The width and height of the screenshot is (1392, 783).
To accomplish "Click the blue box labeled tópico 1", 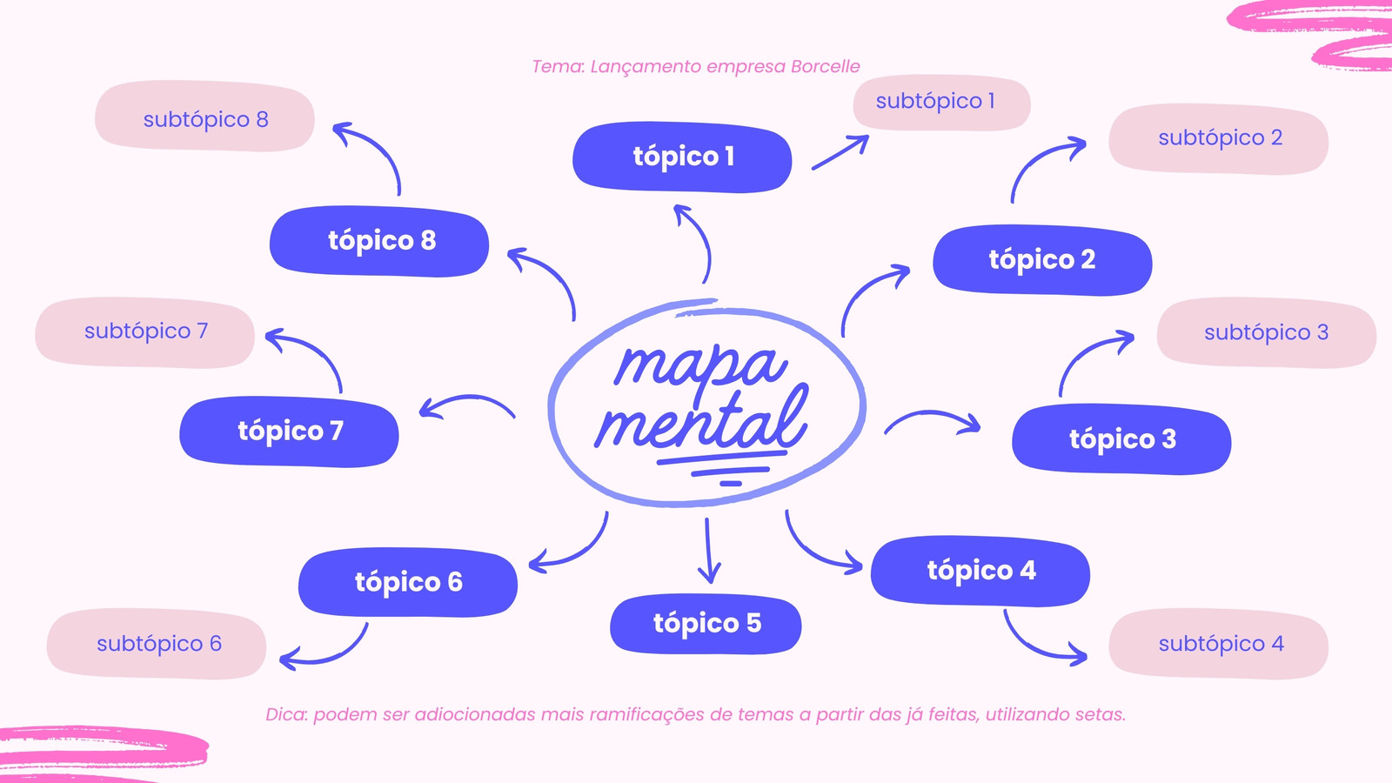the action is [x=682, y=157].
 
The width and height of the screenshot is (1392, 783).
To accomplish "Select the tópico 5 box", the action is [x=706, y=624].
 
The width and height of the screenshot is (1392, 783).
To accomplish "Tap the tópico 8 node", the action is [x=379, y=241].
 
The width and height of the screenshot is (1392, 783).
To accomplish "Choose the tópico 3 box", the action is [x=1121, y=439].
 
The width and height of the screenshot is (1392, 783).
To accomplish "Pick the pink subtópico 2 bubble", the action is [x=1219, y=138].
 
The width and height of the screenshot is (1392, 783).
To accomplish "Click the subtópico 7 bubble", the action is [x=144, y=332].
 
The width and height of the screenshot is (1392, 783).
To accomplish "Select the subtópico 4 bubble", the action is [x=1219, y=644].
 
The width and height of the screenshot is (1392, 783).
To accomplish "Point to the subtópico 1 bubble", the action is [x=942, y=103].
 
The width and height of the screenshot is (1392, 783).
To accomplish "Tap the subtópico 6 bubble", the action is [x=157, y=644].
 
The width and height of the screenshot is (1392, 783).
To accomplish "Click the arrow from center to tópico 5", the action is [x=708, y=550].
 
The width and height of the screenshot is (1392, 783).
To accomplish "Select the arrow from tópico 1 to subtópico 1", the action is [x=840, y=151].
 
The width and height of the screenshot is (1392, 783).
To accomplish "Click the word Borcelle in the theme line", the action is [x=826, y=66].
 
